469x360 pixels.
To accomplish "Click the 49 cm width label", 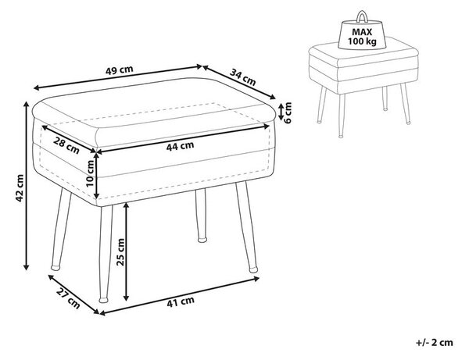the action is (120, 70).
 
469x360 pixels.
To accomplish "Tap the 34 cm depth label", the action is (243, 77).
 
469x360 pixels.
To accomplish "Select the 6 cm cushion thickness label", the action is (288, 112).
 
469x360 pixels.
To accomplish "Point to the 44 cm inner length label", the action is (180, 146).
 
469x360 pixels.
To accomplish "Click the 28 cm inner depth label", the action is (66, 145).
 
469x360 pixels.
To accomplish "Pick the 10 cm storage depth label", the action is (90, 173).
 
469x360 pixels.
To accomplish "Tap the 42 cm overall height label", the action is (20, 188).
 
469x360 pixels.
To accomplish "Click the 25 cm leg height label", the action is (120, 252).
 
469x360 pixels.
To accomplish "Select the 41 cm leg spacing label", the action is (181, 302).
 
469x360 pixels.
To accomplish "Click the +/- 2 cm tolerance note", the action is (435, 342).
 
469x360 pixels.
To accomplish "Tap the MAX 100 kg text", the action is (362, 37).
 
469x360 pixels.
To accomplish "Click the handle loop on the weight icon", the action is (362, 16).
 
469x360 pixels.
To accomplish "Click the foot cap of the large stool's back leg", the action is (202, 240).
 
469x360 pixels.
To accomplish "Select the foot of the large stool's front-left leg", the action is (55, 267).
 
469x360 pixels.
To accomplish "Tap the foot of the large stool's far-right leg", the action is (253, 269).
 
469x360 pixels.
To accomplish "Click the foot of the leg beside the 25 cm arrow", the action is (103, 299).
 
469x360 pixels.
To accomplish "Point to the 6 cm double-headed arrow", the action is (281, 111).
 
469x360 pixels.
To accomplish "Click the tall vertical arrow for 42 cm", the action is (27, 186).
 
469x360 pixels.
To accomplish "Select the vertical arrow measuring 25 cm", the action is (126, 251).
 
